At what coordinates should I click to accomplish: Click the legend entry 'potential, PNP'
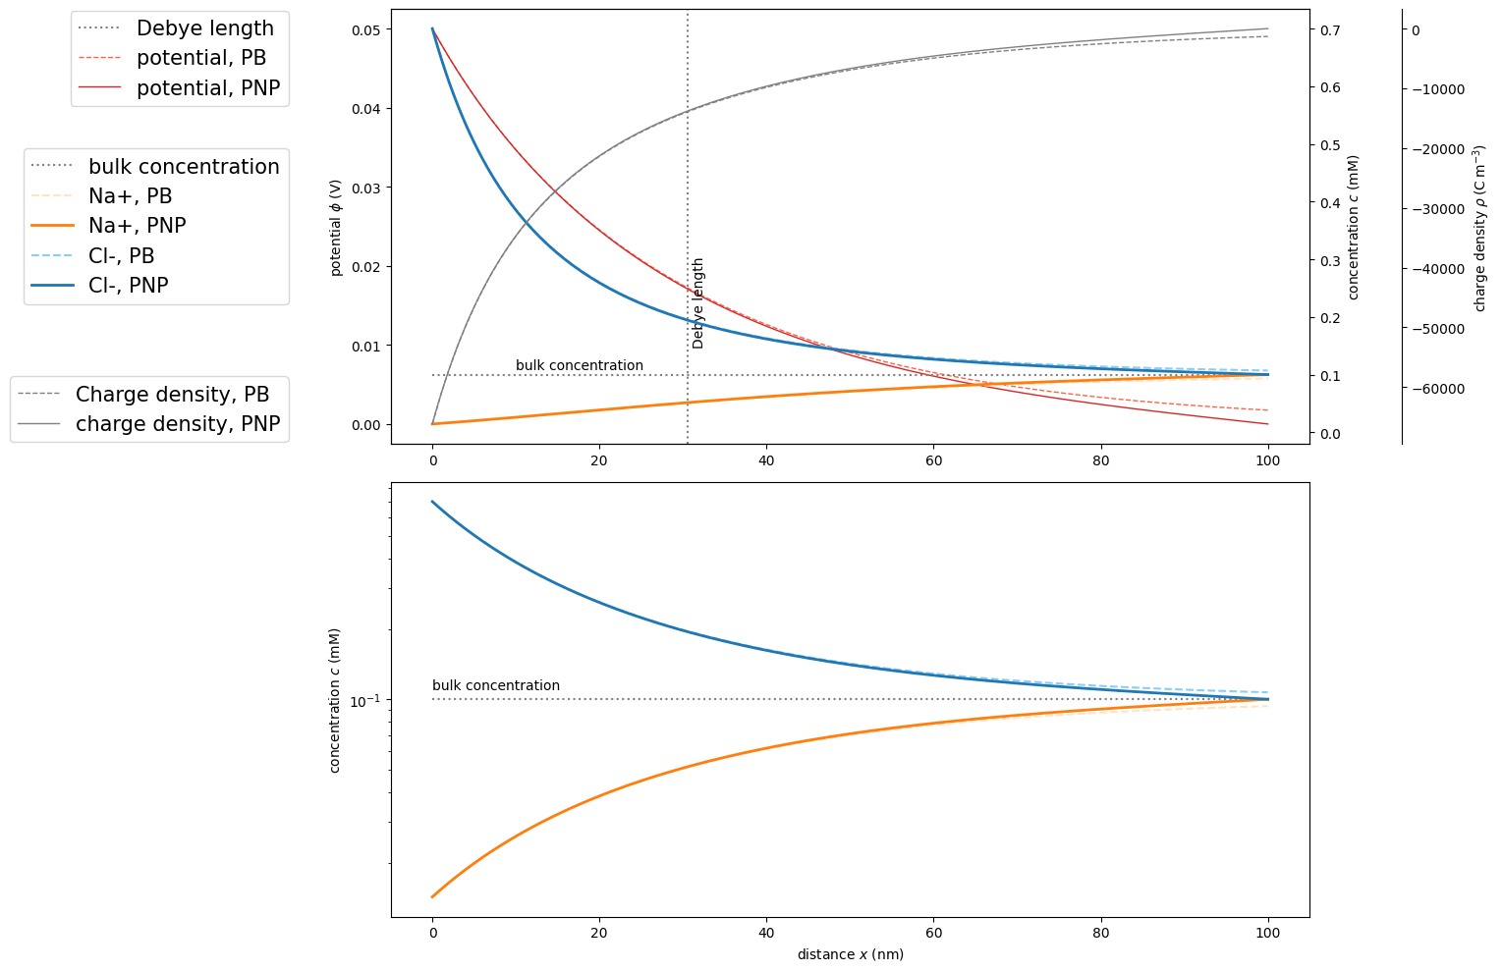[x=207, y=88]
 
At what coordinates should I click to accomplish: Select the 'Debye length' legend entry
[x=204, y=28]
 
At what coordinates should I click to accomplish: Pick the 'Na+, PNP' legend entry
[x=137, y=226]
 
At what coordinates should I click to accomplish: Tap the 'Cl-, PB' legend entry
[x=121, y=256]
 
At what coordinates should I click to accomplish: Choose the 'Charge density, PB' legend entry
[x=172, y=395]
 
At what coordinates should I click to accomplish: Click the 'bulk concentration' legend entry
[x=184, y=167]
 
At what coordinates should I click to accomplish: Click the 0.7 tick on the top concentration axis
[x=1329, y=29]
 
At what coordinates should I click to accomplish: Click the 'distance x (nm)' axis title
[x=850, y=954]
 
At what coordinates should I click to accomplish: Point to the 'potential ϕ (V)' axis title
[x=336, y=227]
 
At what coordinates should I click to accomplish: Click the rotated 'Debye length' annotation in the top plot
[x=698, y=303]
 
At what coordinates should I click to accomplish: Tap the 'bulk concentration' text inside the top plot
[x=580, y=366]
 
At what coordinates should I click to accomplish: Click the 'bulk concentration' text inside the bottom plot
[x=496, y=686]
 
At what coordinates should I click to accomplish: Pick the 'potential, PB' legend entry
[x=200, y=58]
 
